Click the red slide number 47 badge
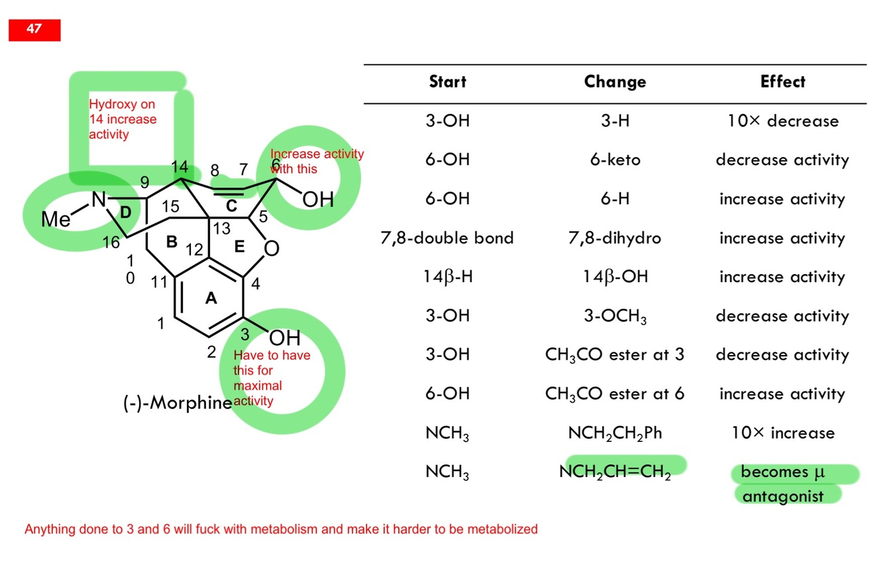coord(34,30)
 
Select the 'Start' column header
coord(447,82)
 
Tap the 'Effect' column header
coord(783,82)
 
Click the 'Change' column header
coord(615,82)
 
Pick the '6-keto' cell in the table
coord(615,160)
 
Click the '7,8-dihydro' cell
coord(615,238)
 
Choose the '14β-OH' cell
coord(615,277)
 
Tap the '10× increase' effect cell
coord(783,433)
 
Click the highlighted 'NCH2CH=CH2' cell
coord(615,472)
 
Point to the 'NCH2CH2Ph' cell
coord(615,433)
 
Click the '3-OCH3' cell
coord(615,316)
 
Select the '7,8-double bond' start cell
coord(447,238)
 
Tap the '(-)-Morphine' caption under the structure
coord(178,403)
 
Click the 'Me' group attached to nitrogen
coord(56,219)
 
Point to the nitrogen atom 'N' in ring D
coord(99,199)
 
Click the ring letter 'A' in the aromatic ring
coord(211,299)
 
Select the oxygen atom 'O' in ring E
coord(272,249)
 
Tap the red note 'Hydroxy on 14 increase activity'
coord(123,119)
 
